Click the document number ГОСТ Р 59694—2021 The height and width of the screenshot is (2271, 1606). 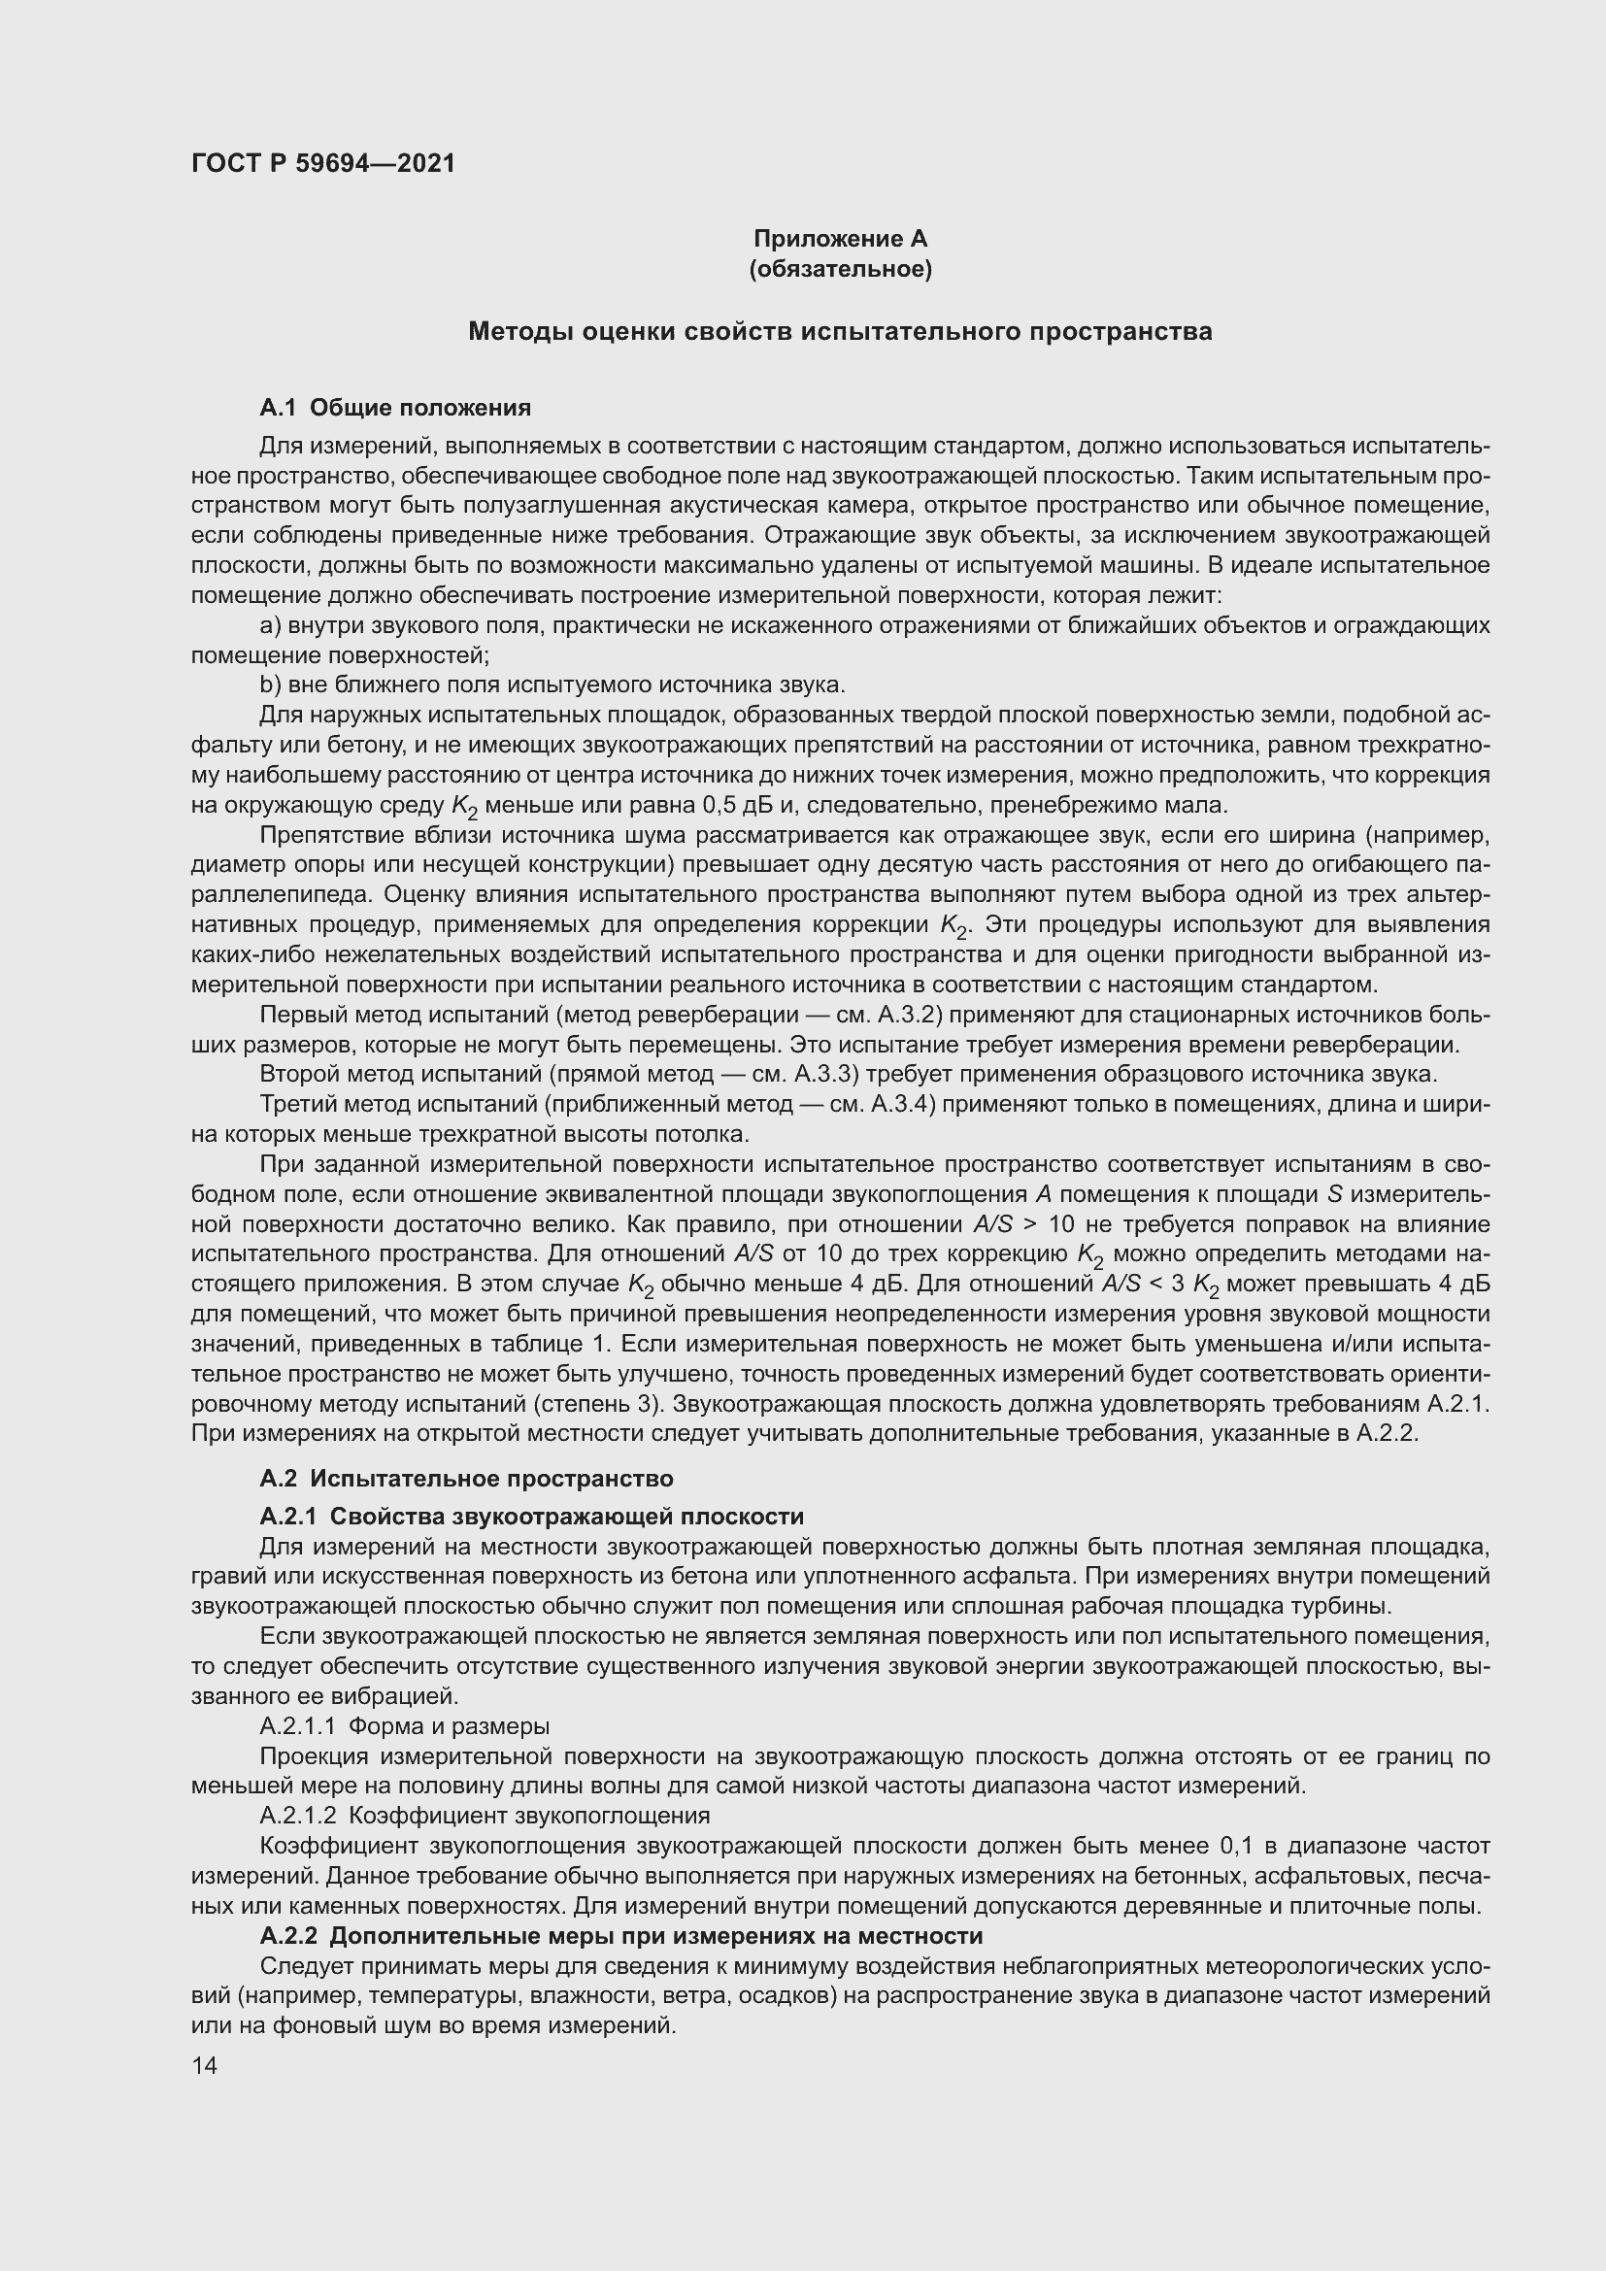coord(323,164)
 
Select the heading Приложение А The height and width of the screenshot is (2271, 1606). coord(841,239)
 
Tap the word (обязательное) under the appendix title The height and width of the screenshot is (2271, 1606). coord(841,269)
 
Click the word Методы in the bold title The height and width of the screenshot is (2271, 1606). coord(521,331)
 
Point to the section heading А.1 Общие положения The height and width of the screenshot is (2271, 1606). coord(395,408)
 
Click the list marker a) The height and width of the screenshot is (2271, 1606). coord(270,626)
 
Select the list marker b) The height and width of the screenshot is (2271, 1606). coord(270,685)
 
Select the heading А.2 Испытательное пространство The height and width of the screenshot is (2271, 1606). coord(467,1479)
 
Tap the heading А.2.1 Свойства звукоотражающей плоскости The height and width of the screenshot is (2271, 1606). coord(532,1517)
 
